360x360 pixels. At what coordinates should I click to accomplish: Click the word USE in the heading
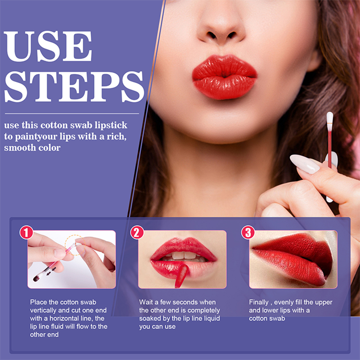tap(48, 46)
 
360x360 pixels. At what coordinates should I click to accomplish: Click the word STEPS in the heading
tap(74, 87)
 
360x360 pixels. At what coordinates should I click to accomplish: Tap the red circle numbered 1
tap(26, 232)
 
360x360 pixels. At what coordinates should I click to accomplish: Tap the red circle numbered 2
tap(137, 232)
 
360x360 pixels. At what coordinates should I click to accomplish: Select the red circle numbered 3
tap(248, 232)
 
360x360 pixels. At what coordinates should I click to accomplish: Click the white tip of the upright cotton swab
tap(330, 118)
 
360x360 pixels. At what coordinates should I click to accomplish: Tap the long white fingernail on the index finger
tap(304, 164)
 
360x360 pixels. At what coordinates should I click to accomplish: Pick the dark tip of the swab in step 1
tap(36, 278)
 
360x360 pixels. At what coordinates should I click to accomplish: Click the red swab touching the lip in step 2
tap(181, 276)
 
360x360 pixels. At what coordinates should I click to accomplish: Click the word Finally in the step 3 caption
tap(259, 303)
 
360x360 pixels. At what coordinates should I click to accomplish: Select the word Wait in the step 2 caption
tap(146, 302)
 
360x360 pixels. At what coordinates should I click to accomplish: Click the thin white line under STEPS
tap(72, 114)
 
